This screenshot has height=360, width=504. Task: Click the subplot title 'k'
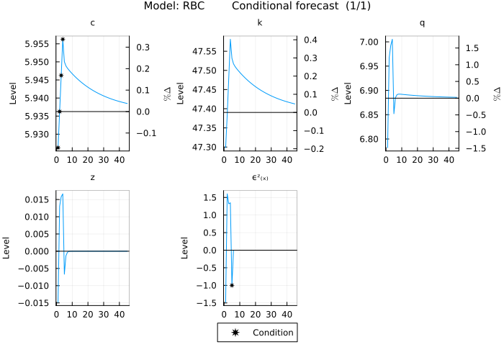[x=260, y=23]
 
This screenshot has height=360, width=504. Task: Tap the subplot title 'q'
[x=422, y=23]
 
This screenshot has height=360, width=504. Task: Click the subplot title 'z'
[x=92, y=176]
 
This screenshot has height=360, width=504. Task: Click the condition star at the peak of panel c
[x=63, y=39]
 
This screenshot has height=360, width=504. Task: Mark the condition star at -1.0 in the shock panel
[x=231, y=285]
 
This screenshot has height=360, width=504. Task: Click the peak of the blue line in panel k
[x=230, y=40]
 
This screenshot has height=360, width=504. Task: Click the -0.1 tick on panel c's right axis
[x=140, y=133]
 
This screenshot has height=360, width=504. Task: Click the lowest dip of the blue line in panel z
[x=64, y=274]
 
